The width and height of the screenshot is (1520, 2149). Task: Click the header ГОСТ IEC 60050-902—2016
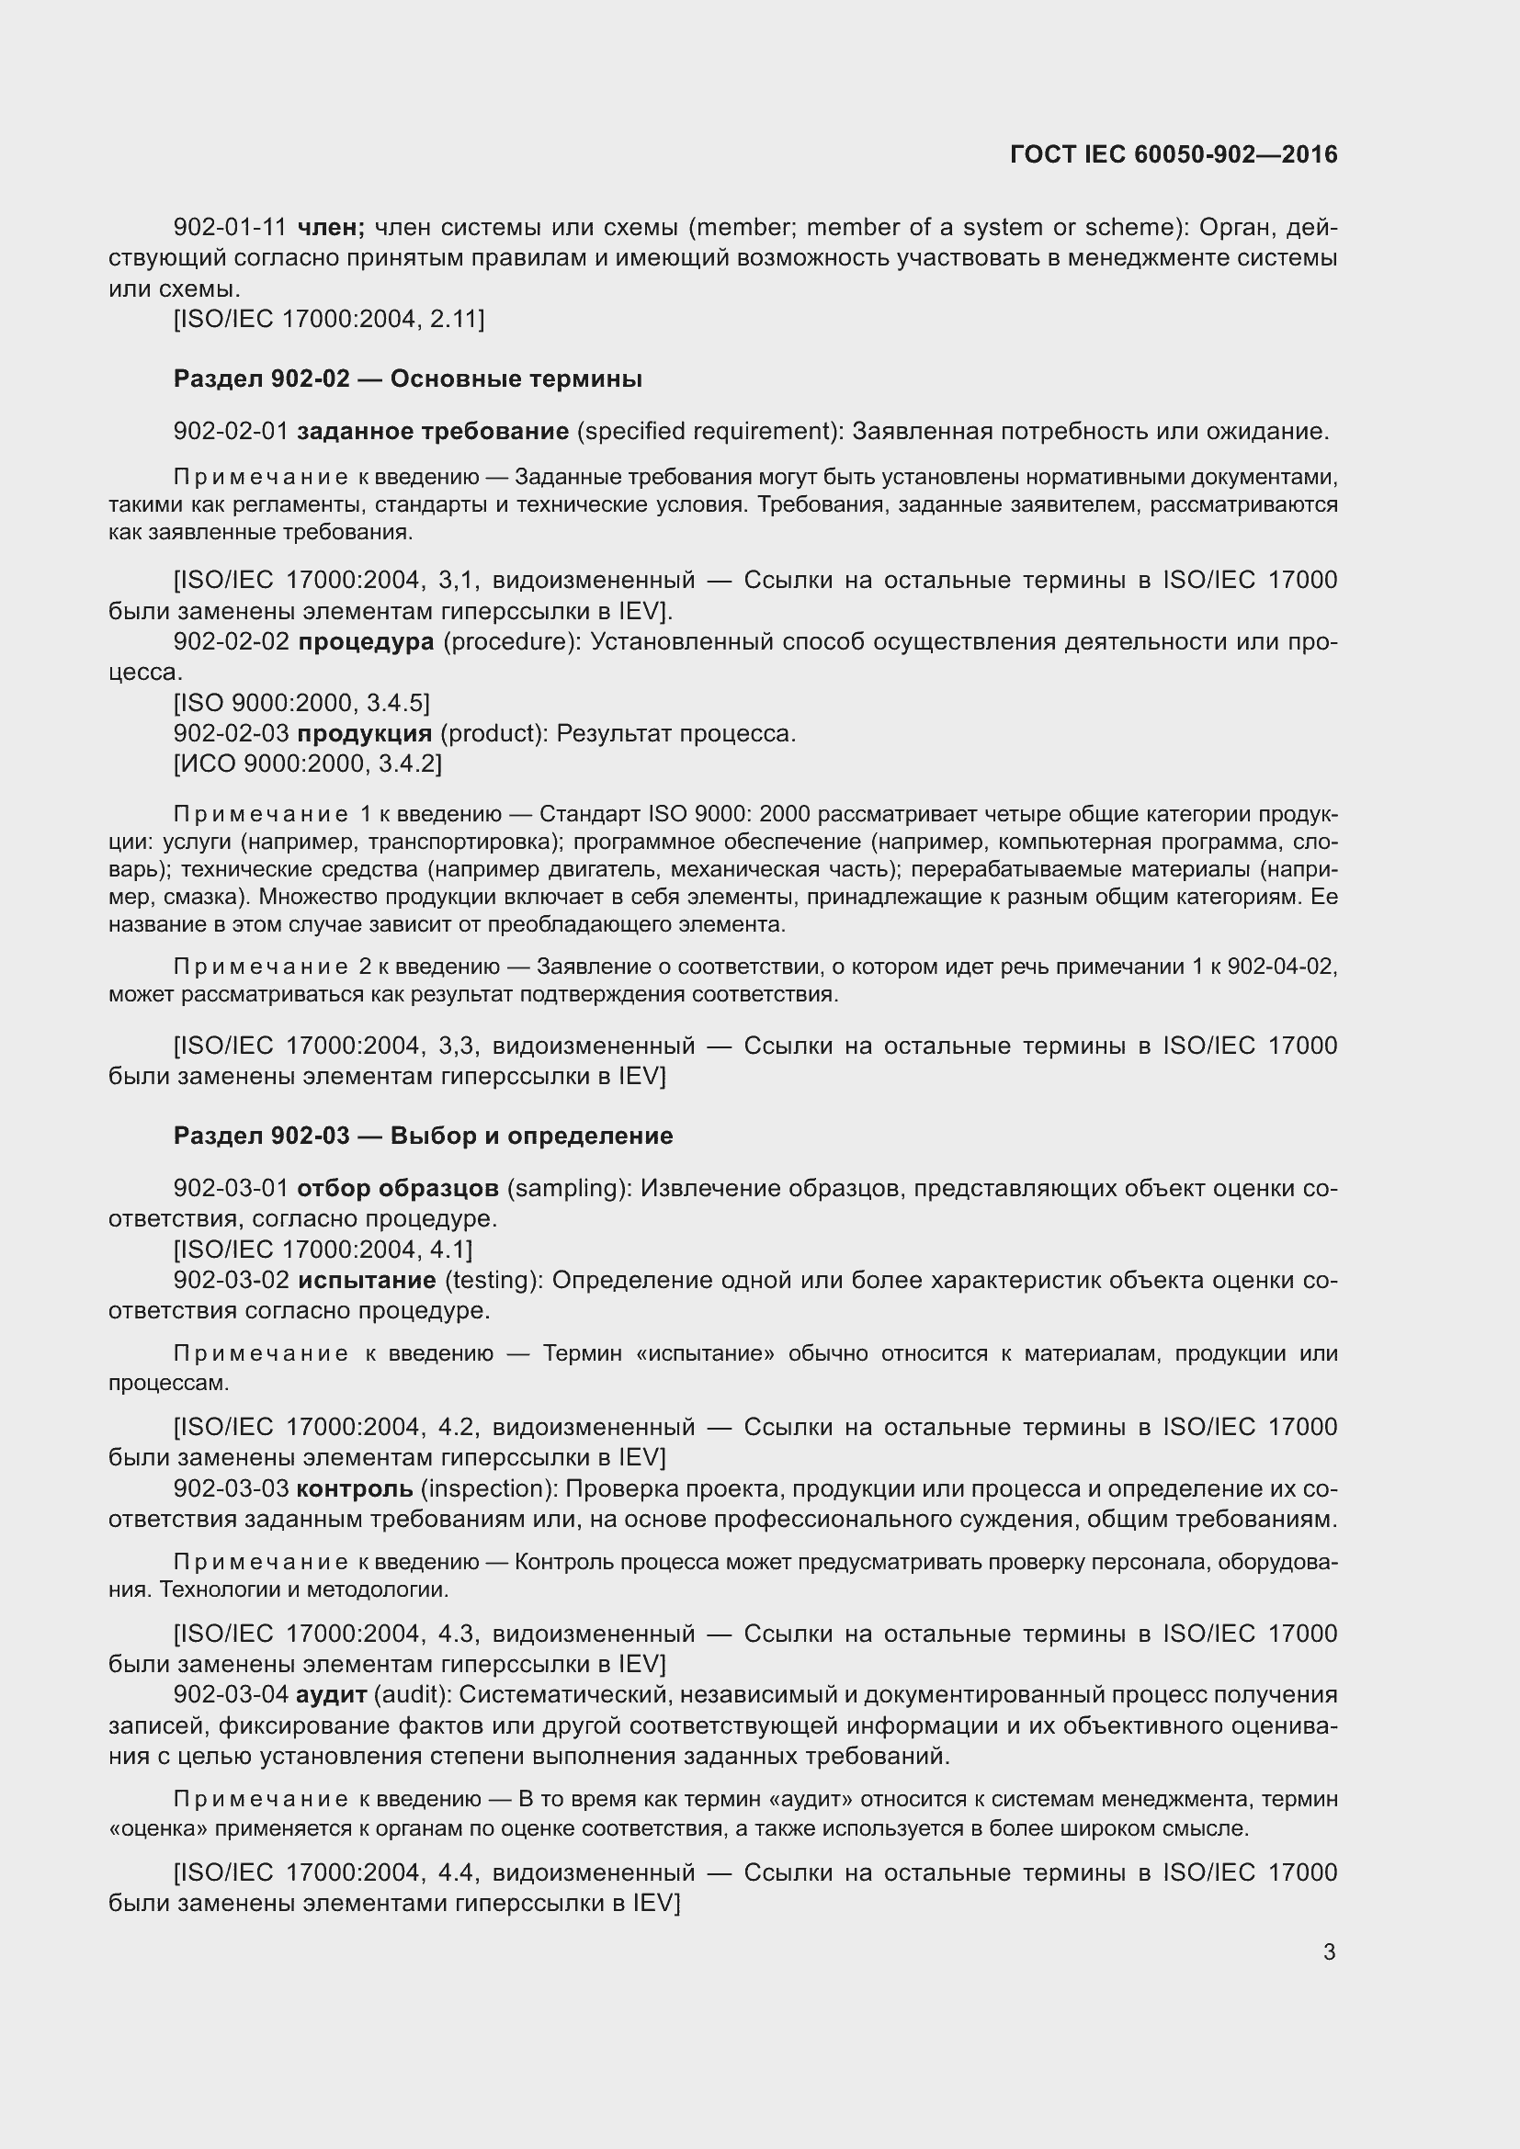coord(1174,154)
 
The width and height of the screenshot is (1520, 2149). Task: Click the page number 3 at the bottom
coord(1329,1951)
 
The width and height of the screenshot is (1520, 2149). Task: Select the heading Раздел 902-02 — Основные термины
coord(407,379)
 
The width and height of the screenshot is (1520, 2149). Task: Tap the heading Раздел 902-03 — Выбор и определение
coord(423,1136)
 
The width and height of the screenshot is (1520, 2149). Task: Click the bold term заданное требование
coord(433,432)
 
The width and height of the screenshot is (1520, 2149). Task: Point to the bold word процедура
coord(366,642)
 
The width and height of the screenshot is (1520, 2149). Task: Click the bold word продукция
coord(364,733)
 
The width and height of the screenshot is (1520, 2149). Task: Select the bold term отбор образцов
coord(398,1189)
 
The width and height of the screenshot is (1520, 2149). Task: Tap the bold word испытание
coord(367,1280)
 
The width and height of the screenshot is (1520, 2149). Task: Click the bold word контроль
coord(355,1488)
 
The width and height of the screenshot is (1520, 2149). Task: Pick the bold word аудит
coord(332,1695)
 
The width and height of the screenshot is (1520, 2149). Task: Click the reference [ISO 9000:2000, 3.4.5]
coord(301,703)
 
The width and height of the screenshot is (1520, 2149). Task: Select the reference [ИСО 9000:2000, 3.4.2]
coord(307,763)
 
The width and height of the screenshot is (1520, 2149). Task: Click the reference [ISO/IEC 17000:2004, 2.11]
coord(328,319)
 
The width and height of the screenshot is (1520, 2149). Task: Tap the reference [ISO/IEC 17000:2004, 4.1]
coord(323,1250)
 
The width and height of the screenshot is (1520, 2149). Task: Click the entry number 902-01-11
coord(230,228)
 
